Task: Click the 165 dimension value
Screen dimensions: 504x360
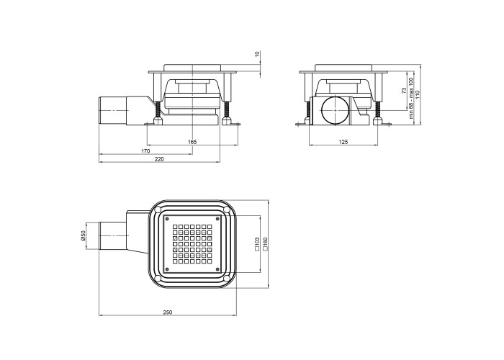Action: click(192, 142)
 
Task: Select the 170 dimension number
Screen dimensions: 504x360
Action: click(145, 150)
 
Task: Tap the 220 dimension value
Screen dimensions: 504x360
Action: click(159, 159)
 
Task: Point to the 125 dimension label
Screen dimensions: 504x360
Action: click(343, 142)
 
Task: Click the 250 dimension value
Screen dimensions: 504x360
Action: click(168, 312)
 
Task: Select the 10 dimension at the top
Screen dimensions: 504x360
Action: click(257, 54)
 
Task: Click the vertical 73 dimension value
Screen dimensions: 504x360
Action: click(404, 90)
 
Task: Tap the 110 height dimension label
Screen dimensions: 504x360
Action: click(418, 94)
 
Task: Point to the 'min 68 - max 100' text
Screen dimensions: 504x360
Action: click(410, 98)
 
